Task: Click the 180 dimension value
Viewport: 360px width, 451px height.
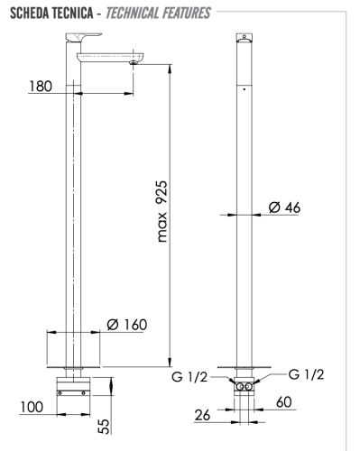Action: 41,87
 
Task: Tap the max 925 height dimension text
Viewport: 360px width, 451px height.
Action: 162,211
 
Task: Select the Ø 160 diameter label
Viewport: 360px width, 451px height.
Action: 127,325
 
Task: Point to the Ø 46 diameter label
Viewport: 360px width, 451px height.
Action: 284,207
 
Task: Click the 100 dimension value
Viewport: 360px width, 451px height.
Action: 32,407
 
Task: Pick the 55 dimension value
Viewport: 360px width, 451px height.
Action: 105,427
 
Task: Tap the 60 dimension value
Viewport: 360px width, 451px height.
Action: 284,402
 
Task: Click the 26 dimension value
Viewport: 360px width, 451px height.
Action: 202,415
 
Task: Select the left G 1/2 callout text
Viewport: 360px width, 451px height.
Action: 189,377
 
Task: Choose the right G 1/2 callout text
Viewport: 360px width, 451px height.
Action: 306,374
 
